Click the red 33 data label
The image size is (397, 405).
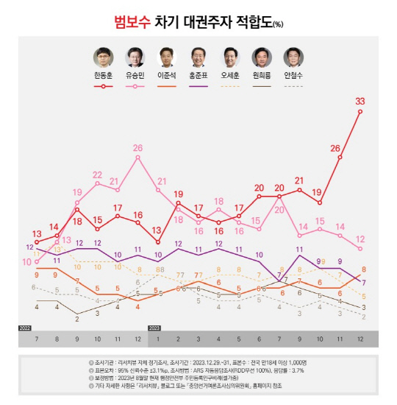click(x=360, y=101)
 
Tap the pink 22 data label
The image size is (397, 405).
click(x=97, y=175)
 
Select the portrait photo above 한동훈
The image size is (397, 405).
click(x=104, y=57)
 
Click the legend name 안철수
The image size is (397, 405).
click(x=295, y=76)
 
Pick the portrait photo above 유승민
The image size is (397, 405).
click(x=135, y=57)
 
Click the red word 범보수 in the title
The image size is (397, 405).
click(x=132, y=22)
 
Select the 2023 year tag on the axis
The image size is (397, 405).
click(x=155, y=327)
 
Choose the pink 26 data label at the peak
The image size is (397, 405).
click(x=137, y=148)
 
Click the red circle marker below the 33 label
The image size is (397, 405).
click(x=360, y=112)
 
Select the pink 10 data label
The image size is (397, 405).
click(x=27, y=261)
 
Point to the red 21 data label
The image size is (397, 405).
click(x=299, y=180)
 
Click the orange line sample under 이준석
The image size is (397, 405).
click(x=167, y=86)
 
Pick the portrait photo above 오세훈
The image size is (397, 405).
click(x=230, y=57)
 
